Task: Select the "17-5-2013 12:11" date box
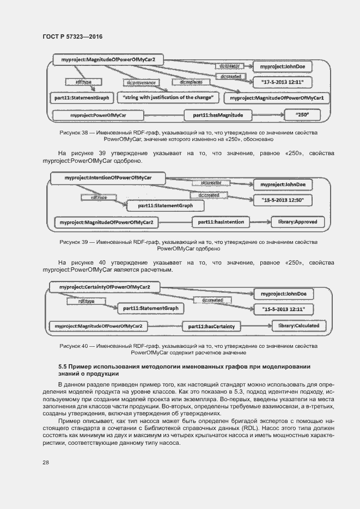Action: (x=282, y=83)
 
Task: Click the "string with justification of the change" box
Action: (x=168, y=98)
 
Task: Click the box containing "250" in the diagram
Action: (x=303, y=115)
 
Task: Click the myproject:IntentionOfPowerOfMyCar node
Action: (x=108, y=178)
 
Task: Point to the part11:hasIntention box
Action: (x=221, y=222)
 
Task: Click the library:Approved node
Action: (x=298, y=222)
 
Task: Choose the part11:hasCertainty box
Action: (x=211, y=326)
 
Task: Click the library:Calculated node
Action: (x=299, y=326)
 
